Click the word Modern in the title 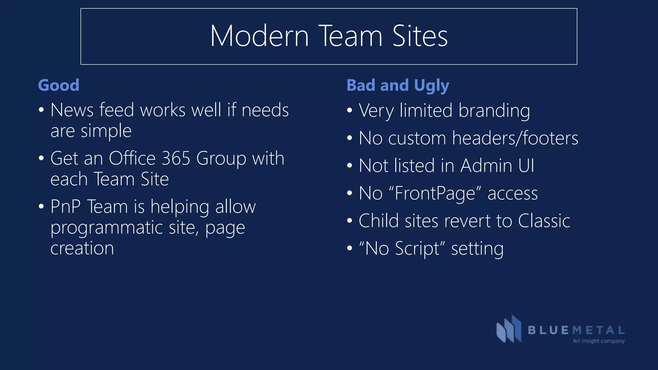coord(259,36)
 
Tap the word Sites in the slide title coord(420,36)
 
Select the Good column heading coord(58,85)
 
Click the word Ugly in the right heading coord(431,86)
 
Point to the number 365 coord(176,158)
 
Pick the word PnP coord(66,207)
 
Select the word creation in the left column coord(82,248)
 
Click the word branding coord(494,111)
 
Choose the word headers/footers coord(515,138)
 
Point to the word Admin coord(486,166)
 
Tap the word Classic coord(544,221)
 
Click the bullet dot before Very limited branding coord(350,111)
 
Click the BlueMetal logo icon coord(509,329)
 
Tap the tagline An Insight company coord(599,341)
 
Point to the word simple coord(106,131)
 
